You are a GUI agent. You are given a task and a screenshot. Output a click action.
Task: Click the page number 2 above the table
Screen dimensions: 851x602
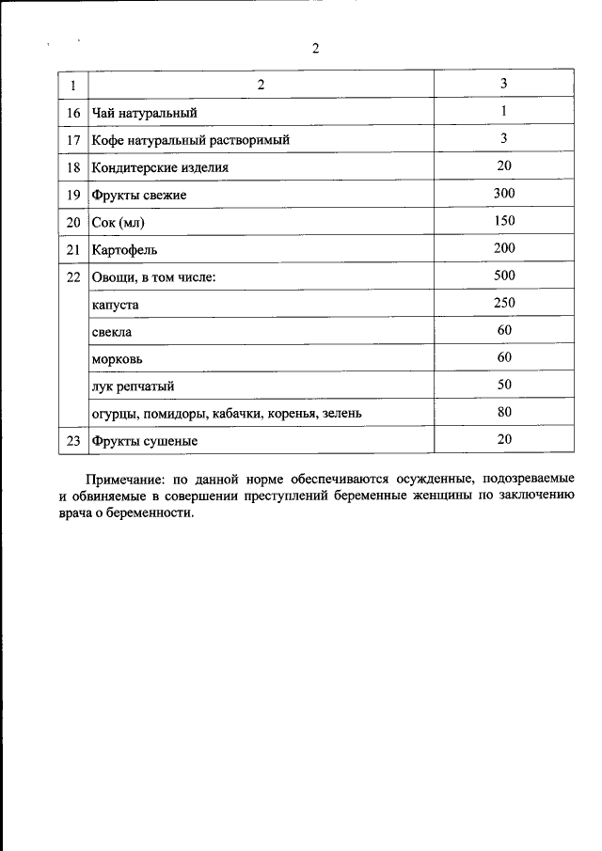[315, 50]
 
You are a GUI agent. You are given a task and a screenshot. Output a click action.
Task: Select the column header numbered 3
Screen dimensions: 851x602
[504, 84]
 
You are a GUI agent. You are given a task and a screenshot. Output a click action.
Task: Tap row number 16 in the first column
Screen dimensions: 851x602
[73, 113]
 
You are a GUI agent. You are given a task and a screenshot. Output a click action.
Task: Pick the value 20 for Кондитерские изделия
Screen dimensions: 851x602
[504, 165]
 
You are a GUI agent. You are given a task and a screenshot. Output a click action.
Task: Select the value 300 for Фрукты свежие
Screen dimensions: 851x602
[504, 193]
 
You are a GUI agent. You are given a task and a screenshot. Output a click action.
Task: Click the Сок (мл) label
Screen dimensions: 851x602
[119, 222]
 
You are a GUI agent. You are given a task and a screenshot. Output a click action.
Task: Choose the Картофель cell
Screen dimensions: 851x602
[124, 250]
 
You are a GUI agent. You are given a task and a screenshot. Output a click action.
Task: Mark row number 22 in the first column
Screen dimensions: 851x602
[73, 277]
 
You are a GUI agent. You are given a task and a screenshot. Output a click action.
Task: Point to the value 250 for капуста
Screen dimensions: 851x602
[504, 303]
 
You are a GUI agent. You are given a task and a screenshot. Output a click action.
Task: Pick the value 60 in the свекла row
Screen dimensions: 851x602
[504, 330]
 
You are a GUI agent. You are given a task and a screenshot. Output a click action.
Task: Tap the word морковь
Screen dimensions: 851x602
[118, 360]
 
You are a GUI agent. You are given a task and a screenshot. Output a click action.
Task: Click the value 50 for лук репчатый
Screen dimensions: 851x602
[504, 384]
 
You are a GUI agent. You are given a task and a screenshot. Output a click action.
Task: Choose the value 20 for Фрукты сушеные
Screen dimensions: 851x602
[504, 438]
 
